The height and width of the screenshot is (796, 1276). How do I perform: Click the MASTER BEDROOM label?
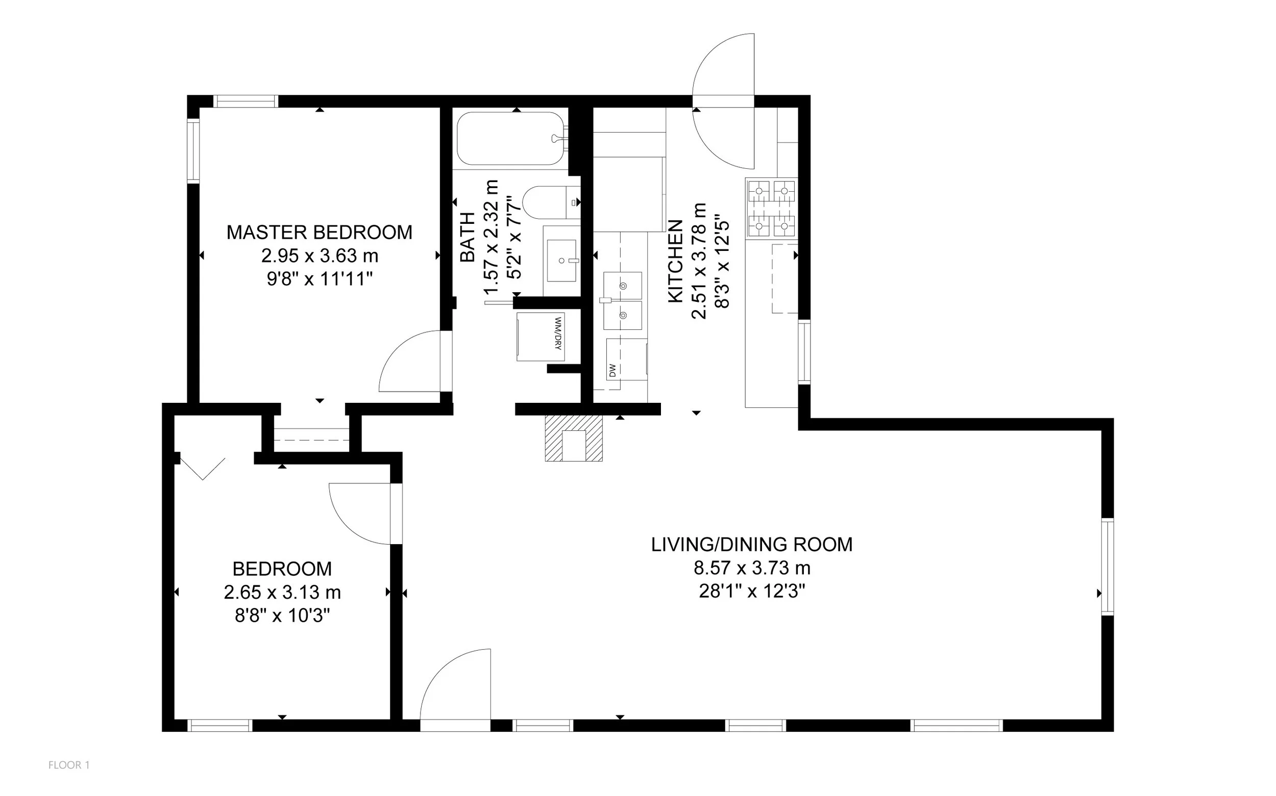pyautogui.click(x=320, y=232)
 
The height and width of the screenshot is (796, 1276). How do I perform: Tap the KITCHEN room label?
pyautogui.click(x=675, y=261)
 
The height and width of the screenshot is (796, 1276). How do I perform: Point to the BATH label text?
pyautogui.click(x=468, y=237)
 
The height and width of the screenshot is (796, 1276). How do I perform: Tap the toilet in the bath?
pyautogui.click(x=551, y=202)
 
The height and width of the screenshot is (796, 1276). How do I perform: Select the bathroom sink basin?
pyautogui.click(x=561, y=261)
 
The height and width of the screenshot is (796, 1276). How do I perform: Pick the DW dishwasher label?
pyautogui.click(x=612, y=371)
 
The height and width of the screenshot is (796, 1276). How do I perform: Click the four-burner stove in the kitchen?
pyautogui.click(x=771, y=208)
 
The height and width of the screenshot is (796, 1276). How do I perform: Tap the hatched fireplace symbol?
pyautogui.click(x=574, y=438)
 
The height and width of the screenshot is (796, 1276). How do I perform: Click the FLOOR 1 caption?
pyautogui.click(x=69, y=765)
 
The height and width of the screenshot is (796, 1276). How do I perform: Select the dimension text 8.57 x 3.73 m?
pyautogui.click(x=752, y=568)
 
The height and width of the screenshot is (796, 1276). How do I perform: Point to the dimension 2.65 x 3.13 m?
pyautogui.click(x=282, y=592)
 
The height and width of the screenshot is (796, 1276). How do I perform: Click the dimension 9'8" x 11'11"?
pyautogui.click(x=320, y=278)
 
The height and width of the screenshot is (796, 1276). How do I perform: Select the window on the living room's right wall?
pyautogui.click(x=1108, y=567)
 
